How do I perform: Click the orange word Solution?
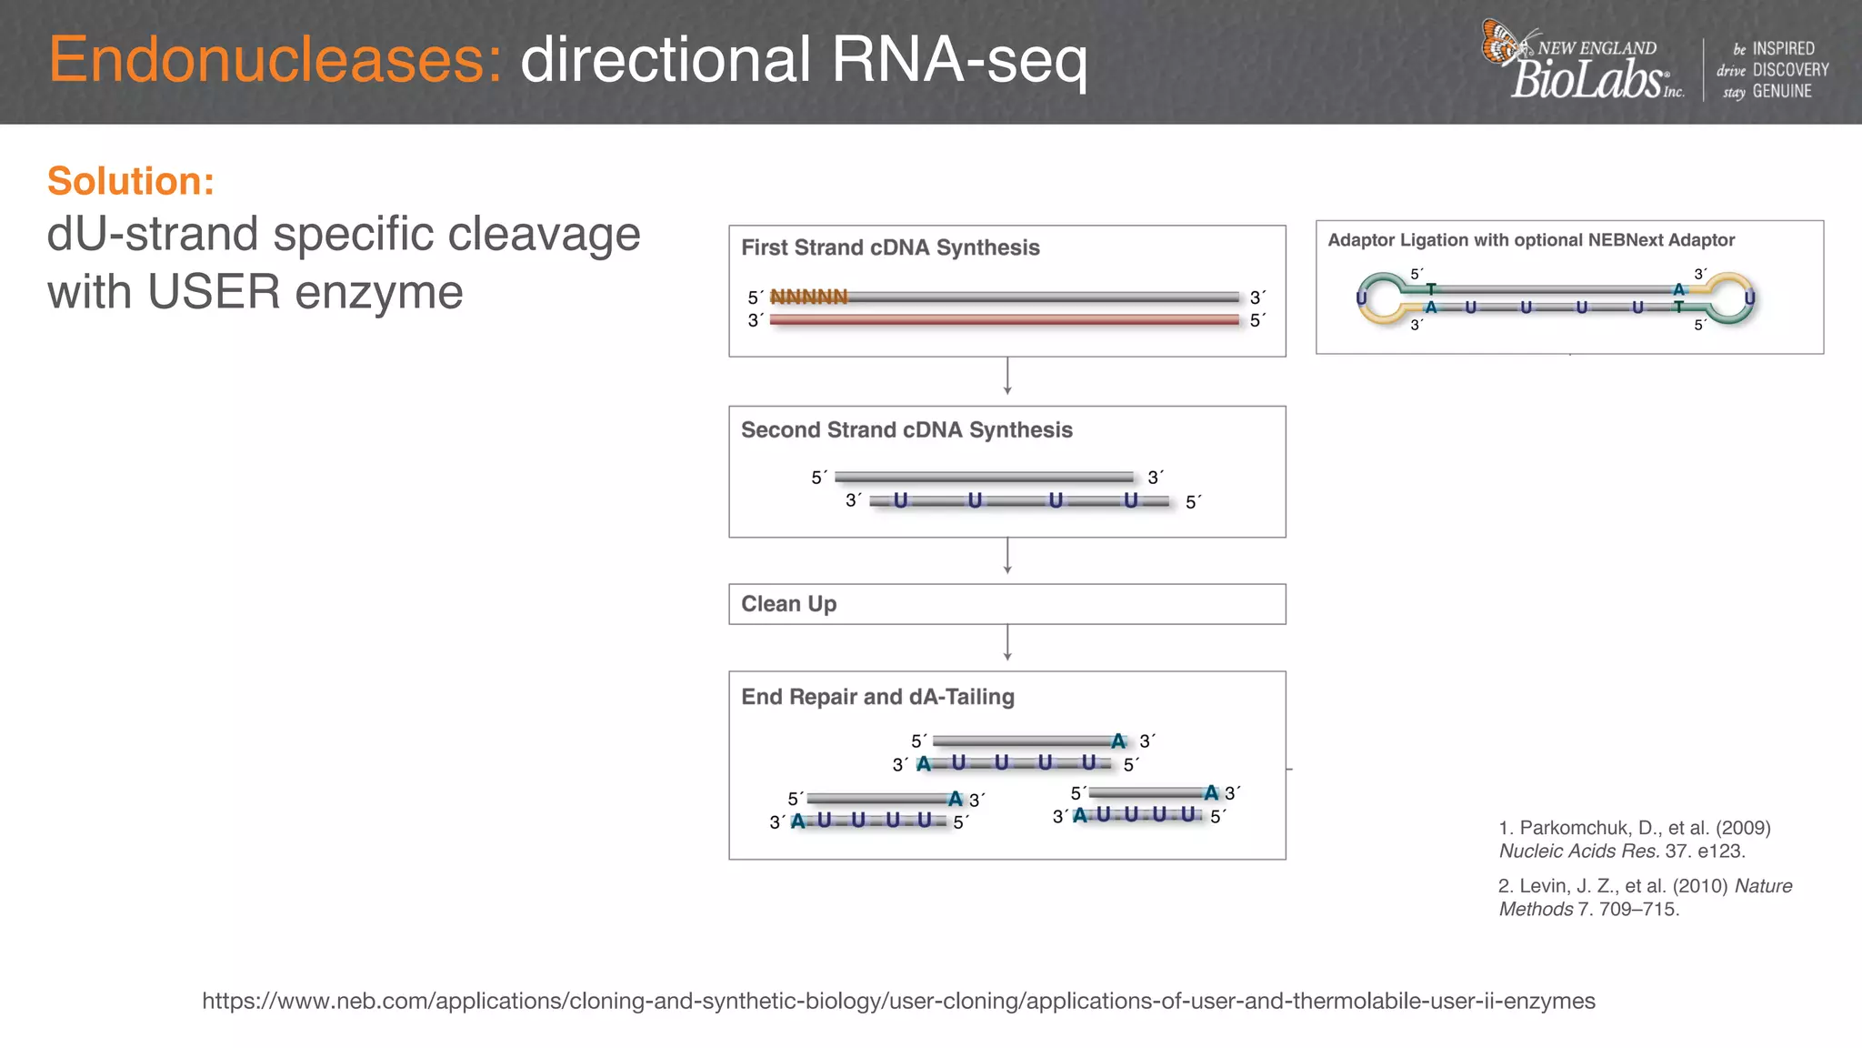(131, 181)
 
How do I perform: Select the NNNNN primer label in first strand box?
(808, 297)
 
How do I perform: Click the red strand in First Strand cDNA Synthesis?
(1004, 320)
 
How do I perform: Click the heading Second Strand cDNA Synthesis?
(906, 430)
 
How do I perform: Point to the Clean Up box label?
(788, 604)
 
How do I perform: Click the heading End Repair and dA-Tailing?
(877, 697)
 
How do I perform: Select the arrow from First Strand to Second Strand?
(1007, 377)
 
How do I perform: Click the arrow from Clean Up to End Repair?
(1007, 643)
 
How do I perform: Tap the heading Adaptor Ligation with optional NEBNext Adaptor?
(1531, 240)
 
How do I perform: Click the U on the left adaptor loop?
(1361, 298)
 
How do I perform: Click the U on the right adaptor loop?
(1749, 298)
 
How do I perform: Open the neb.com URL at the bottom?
(898, 1002)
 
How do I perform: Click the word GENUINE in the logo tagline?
(1781, 92)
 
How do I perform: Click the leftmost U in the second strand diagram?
(900, 500)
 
